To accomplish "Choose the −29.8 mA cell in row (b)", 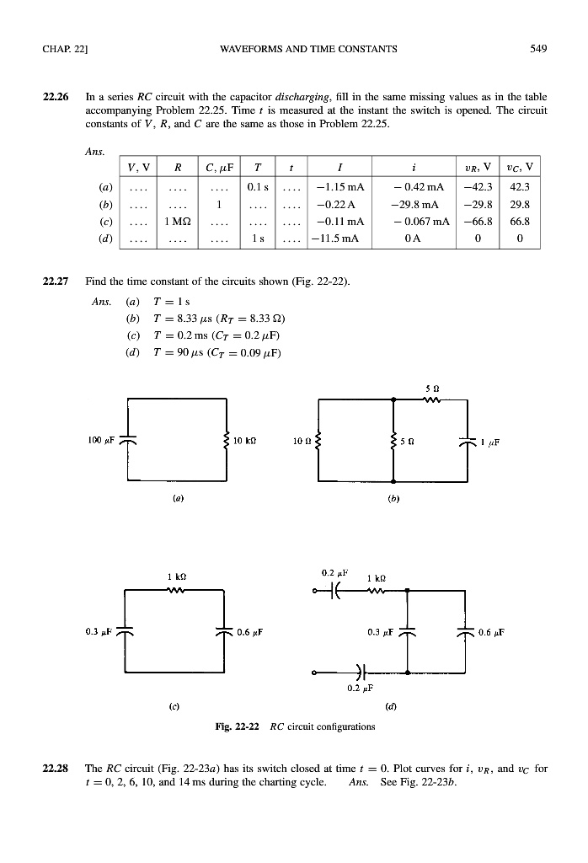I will pyautogui.click(x=425, y=205).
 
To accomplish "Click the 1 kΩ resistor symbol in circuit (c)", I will pyautogui.click(x=174, y=590).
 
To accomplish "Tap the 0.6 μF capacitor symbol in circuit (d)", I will pyautogui.click(x=465, y=631).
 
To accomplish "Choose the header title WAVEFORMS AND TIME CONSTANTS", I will pyautogui.click(x=293, y=49).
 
